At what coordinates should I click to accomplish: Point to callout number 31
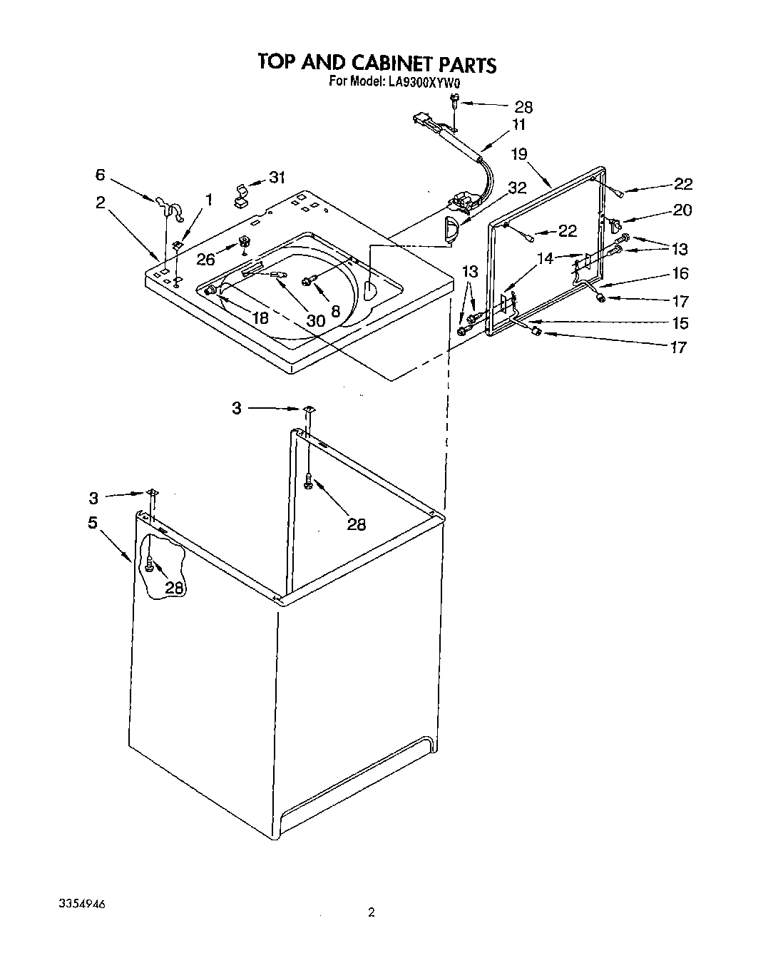click(277, 178)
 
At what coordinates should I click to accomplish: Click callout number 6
click(101, 175)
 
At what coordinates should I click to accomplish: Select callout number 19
click(518, 153)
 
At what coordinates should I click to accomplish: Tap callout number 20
click(682, 210)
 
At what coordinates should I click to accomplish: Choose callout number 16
click(680, 273)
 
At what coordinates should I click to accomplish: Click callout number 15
click(680, 323)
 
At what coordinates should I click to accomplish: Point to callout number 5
click(93, 522)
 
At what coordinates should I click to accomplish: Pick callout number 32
click(517, 188)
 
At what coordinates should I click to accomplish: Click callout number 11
click(518, 124)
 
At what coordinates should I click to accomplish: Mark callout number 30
click(316, 320)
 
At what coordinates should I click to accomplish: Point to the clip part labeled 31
click(240, 194)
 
